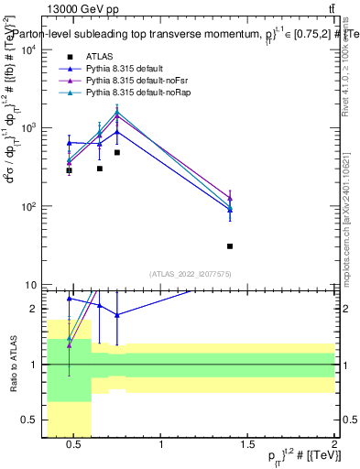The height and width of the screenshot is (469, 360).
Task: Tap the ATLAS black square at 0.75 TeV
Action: pos(117,153)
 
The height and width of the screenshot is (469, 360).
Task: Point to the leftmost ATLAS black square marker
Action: pos(69,170)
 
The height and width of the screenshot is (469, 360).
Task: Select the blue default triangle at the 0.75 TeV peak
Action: pos(117,132)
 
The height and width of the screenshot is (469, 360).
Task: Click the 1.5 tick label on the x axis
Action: pos(247,446)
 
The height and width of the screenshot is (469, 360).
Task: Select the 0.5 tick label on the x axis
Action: pos(73,446)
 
